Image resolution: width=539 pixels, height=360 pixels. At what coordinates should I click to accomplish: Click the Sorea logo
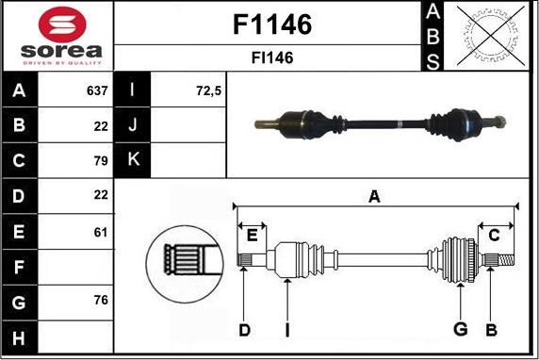tap(57, 35)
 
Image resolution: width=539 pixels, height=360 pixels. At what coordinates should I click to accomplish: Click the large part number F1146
tap(272, 25)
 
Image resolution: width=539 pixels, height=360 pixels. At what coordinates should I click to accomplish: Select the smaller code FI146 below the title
tap(272, 57)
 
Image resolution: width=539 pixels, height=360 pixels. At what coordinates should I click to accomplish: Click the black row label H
tap(20, 335)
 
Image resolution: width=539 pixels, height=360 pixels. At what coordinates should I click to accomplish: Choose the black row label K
tap(132, 160)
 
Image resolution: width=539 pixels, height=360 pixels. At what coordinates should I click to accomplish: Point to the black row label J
tap(132, 125)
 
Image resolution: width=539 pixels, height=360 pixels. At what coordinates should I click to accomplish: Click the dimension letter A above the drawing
tap(374, 197)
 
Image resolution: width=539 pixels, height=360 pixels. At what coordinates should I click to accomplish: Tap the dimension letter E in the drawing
tap(252, 236)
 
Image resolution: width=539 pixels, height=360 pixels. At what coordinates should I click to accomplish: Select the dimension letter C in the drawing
tap(494, 236)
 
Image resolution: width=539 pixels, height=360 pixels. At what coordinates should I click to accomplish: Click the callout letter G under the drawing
tap(461, 328)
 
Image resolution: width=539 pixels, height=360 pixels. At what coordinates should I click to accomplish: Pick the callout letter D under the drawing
tap(244, 329)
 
